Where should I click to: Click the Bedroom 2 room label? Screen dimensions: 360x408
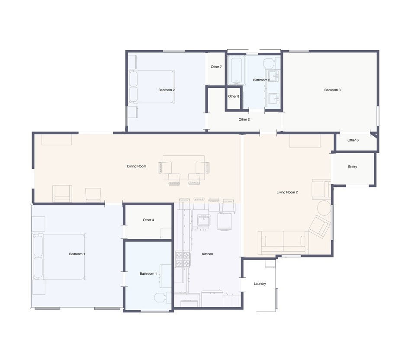tap(166, 90)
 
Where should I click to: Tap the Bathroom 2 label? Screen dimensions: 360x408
tap(261, 80)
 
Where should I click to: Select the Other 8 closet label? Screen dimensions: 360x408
tap(233, 96)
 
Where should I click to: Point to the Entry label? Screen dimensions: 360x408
tap(352, 167)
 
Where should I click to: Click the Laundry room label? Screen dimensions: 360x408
tap(260, 284)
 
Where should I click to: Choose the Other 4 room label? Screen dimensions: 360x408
tap(148, 220)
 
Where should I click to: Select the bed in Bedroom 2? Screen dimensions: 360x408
tap(152, 87)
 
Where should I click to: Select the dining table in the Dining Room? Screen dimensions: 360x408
tap(183, 167)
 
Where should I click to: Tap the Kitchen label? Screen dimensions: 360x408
tap(207, 254)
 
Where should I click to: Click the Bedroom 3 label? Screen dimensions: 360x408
tap(332, 90)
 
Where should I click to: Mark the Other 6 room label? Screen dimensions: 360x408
tap(353, 140)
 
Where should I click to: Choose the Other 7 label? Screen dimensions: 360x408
tap(216, 67)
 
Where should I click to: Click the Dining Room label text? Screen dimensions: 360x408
tap(136, 167)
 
